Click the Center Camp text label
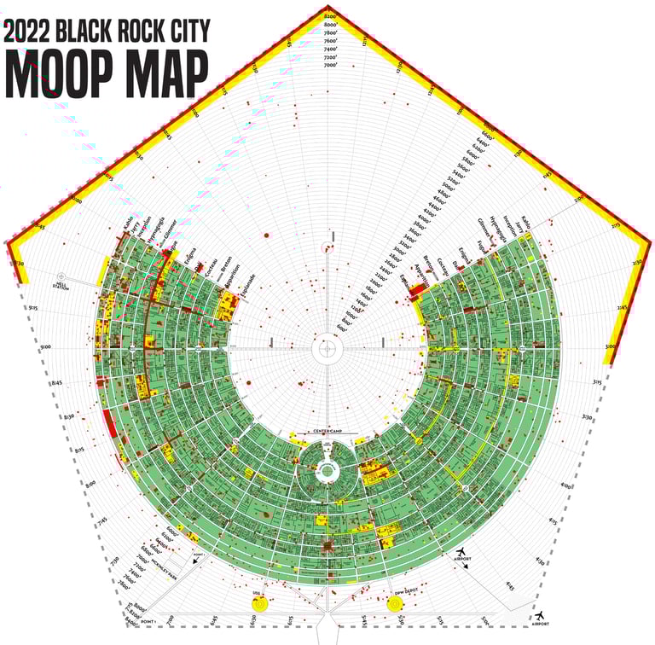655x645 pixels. (x=327, y=433)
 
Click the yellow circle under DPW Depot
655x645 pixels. (x=395, y=604)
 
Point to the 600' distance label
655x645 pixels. (x=342, y=328)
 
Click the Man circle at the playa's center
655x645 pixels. (x=327, y=348)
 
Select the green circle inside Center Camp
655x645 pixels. (x=327, y=469)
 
